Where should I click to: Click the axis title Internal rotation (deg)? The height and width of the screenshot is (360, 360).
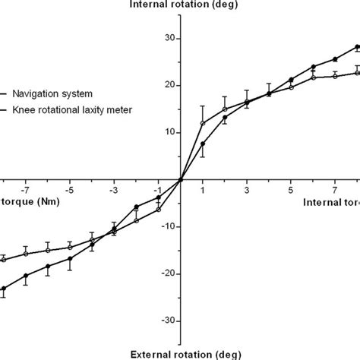coord(180,6)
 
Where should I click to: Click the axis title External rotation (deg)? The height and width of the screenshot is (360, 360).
coord(180,354)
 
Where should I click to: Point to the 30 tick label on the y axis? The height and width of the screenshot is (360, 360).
coord(170,39)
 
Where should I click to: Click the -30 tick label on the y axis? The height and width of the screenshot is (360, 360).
coord(169,321)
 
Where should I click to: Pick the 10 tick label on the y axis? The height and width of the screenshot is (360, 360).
coord(170,132)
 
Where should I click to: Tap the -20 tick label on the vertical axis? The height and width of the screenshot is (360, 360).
coord(169,273)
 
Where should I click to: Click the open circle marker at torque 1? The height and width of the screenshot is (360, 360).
coord(203,123)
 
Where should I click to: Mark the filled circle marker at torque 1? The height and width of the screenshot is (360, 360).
coord(203,144)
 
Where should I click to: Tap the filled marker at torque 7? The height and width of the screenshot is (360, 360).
coord(335,59)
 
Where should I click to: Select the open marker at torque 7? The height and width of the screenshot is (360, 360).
coord(335,76)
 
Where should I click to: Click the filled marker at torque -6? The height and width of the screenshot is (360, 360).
coord(48,267)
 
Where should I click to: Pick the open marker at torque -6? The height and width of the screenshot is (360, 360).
coord(48,250)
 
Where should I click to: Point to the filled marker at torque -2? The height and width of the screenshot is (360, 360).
coord(136,207)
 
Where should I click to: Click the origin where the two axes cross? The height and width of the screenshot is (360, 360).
coord(181,179)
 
